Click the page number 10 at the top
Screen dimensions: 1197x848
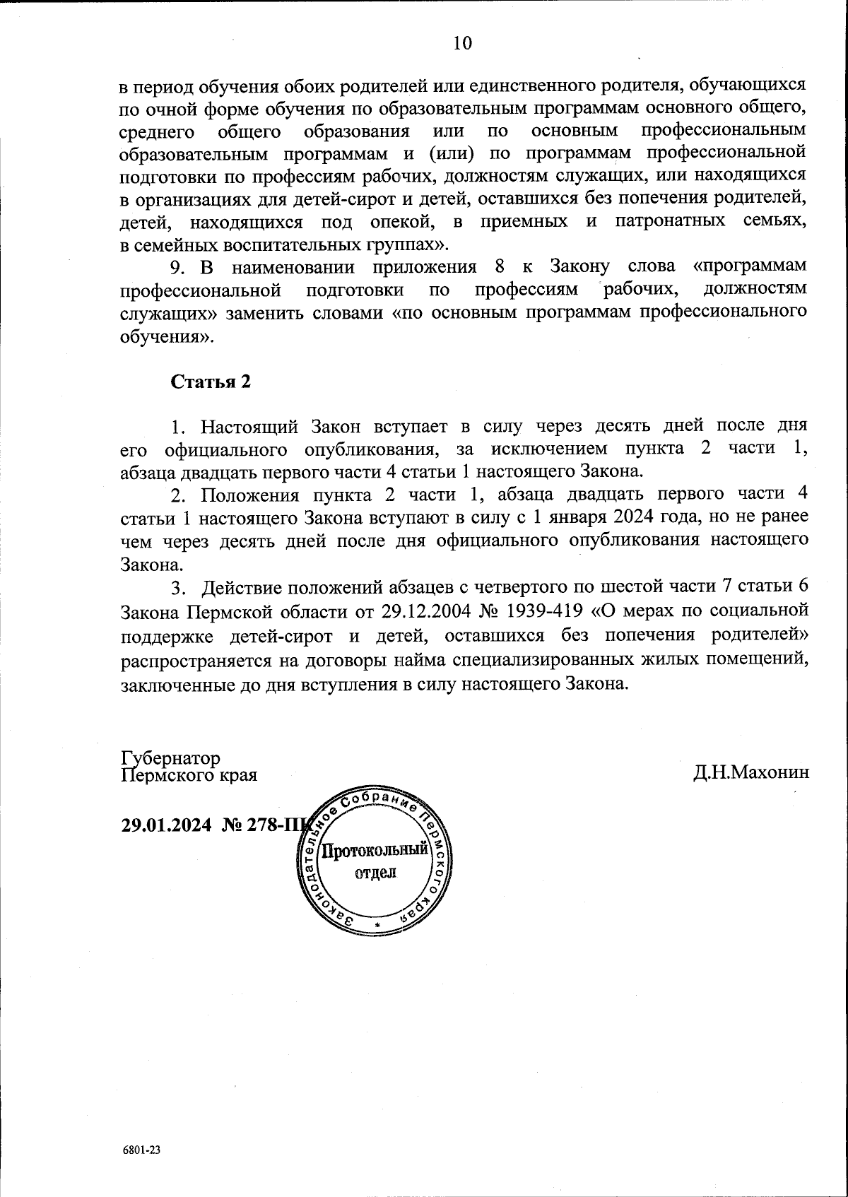(x=462, y=43)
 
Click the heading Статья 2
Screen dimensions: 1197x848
(x=210, y=382)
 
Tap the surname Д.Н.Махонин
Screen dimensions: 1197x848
(x=750, y=772)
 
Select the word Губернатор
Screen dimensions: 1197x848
(x=171, y=758)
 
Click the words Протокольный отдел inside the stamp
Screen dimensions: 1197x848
(x=375, y=860)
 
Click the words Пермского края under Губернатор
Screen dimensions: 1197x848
(x=189, y=775)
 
